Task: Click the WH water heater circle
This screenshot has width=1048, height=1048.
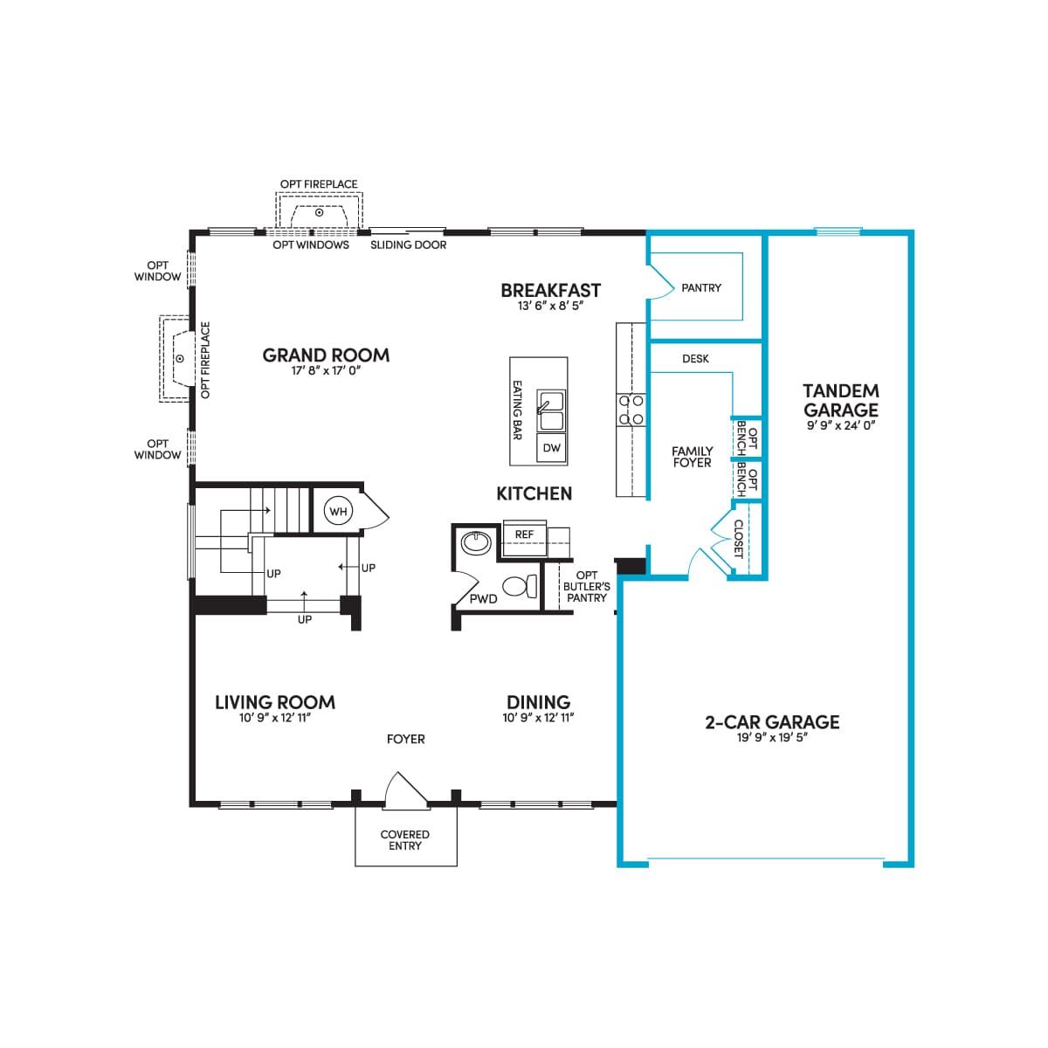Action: click(x=338, y=511)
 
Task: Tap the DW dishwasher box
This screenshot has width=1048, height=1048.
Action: click(x=551, y=448)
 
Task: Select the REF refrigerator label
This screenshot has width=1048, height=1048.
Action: click(x=524, y=534)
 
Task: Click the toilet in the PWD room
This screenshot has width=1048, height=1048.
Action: click(x=521, y=586)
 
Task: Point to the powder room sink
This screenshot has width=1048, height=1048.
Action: click(x=476, y=542)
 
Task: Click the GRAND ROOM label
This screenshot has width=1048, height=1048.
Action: click(x=327, y=355)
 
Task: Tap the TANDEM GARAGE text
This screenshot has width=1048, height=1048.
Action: click(x=841, y=400)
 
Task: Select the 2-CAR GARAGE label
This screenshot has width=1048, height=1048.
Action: click(x=772, y=721)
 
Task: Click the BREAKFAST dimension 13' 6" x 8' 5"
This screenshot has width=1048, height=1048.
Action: click(x=550, y=306)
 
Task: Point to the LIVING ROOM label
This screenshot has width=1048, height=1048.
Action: click(x=275, y=702)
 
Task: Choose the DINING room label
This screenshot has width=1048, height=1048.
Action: click(x=539, y=702)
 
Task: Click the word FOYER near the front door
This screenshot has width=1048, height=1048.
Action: click(x=406, y=739)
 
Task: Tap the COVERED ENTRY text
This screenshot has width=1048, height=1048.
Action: click(x=404, y=840)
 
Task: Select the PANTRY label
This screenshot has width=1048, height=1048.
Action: click(x=701, y=287)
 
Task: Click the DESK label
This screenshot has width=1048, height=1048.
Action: click(x=695, y=359)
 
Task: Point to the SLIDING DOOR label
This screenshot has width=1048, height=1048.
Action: click(x=409, y=245)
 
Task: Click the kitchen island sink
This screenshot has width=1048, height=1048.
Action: click(x=551, y=410)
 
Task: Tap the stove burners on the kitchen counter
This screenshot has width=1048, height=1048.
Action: click(x=631, y=410)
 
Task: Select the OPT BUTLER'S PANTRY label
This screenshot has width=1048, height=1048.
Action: click(x=586, y=586)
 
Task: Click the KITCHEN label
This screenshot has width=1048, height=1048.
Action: click(x=534, y=493)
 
